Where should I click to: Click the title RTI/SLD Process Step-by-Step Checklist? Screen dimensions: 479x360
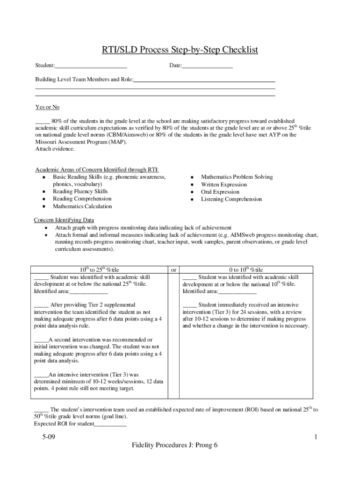click(x=180, y=50)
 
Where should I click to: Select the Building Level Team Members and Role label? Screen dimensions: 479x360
click(x=85, y=80)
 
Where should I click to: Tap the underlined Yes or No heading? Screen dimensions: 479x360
click(x=47, y=107)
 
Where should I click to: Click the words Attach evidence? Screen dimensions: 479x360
click(x=55, y=149)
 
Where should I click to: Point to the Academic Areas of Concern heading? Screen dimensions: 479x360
click(x=100, y=170)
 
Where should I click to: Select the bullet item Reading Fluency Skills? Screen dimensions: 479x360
click(x=80, y=191)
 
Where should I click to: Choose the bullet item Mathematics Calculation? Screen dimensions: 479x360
click(x=82, y=206)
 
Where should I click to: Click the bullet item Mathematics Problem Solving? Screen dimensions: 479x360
click(x=237, y=177)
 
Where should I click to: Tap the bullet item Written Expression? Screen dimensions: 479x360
click(x=223, y=184)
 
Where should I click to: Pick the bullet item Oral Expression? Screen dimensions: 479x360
click(x=220, y=192)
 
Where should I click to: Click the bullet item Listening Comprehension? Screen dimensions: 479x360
click(x=231, y=199)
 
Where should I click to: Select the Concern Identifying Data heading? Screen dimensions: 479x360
click(x=64, y=220)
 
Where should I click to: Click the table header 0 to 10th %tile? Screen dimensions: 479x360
click(x=245, y=269)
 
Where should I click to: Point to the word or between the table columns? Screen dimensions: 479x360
click(x=173, y=270)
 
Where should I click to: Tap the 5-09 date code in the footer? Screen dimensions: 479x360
click(x=48, y=437)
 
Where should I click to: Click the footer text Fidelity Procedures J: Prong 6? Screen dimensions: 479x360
click(x=175, y=445)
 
